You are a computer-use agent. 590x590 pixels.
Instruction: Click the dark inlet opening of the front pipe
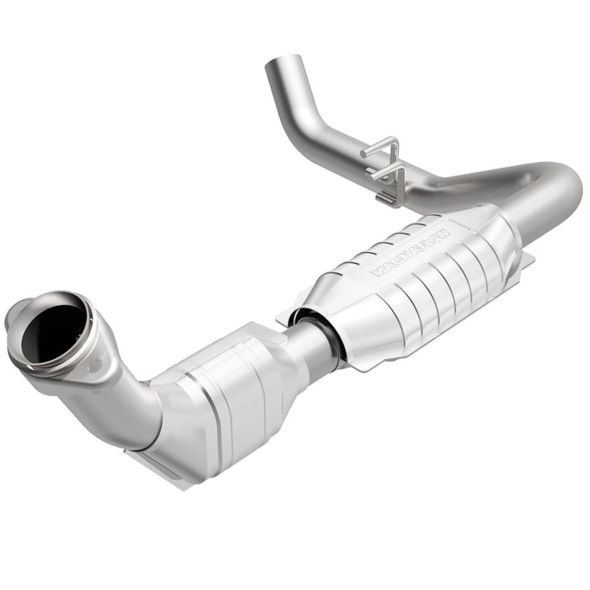coord(52,331)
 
